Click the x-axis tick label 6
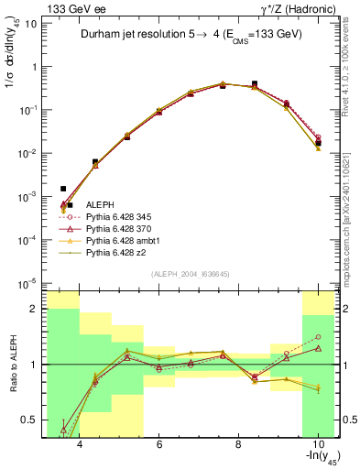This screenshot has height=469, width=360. [158, 445]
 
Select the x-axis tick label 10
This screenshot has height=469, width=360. [316, 445]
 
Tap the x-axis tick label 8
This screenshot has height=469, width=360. [238, 445]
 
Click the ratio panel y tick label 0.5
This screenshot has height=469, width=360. [30, 420]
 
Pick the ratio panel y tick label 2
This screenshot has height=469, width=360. [35, 309]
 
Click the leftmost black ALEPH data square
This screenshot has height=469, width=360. [63, 189]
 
